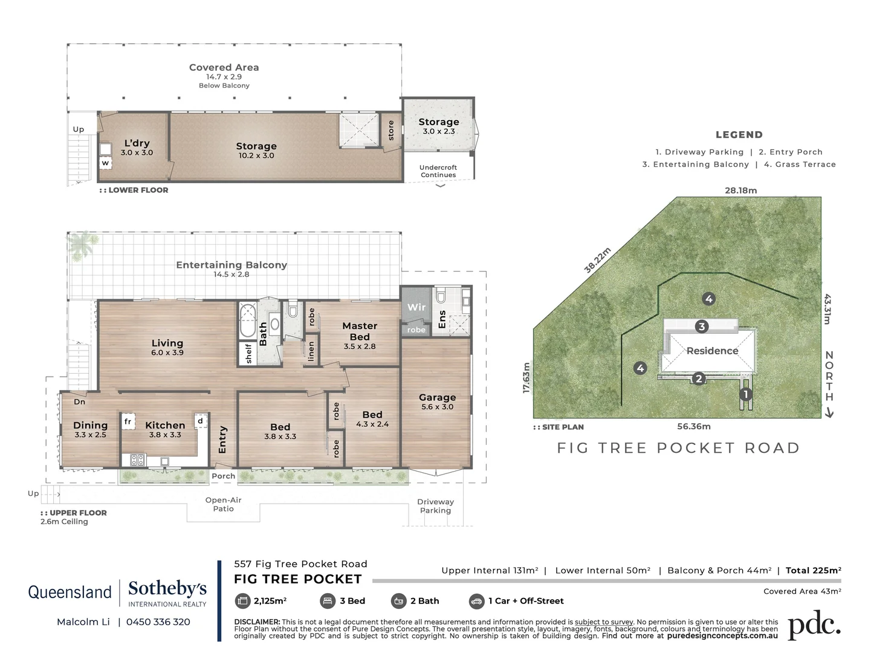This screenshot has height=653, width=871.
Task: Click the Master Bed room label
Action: point(360,331)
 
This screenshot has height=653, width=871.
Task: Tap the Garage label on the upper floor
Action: point(437,397)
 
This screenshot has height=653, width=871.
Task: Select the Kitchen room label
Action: point(165,426)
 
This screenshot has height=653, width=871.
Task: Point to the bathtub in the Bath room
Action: point(247,320)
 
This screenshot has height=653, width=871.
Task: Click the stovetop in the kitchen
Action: point(137,460)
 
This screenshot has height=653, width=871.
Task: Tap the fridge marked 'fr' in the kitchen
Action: point(128,421)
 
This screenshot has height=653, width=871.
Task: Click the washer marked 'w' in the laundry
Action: point(105,163)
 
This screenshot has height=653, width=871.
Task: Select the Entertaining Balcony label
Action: point(232,265)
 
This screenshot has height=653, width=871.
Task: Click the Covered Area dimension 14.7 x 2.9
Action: point(224,77)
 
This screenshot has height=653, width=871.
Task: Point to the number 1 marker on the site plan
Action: point(745,394)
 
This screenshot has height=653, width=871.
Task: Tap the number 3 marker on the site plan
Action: point(701,326)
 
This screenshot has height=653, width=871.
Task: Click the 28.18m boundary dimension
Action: point(740,190)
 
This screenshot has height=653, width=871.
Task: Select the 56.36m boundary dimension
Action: point(693,426)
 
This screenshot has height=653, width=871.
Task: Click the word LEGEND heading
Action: point(739,135)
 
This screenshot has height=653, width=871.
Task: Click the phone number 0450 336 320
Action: point(158,622)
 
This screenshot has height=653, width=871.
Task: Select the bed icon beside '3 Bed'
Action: point(327,601)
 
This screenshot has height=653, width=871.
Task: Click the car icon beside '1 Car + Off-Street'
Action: point(476,601)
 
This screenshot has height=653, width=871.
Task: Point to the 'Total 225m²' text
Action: point(813,570)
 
